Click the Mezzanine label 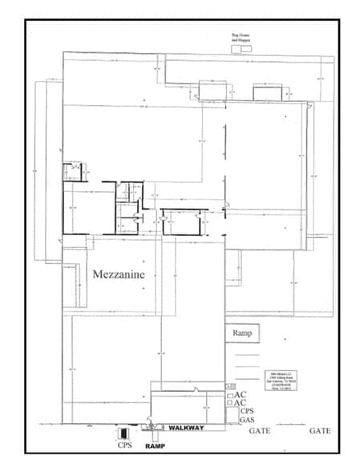coord(119,274)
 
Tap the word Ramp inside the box coord(241,333)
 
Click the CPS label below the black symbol coord(124,445)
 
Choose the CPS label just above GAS coord(247,411)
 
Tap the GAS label coord(247,420)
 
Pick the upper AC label coord(241,395)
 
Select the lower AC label coord(241,403)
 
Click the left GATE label coord(260,432)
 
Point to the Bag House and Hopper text coord(240,38)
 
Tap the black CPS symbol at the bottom coord(123,433)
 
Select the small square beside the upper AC coord(230,396)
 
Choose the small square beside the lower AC coord(230,404)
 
